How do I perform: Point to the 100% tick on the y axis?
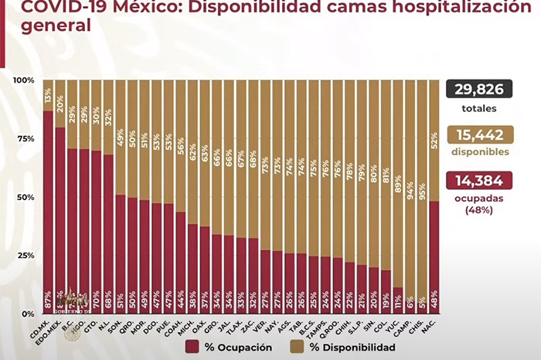click(x=23, y=80)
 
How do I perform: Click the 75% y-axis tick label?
click(x=25, y=139)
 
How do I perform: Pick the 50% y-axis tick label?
click(x=25, y=198)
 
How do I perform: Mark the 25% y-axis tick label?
click(x=25, y=256)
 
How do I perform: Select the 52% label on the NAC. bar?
click(x=434, y=140)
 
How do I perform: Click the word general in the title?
click(x=46, y=25)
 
